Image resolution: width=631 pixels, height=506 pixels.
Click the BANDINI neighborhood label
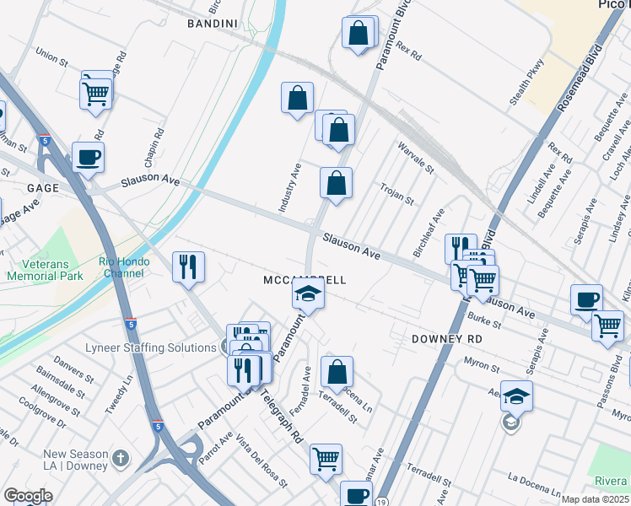210,24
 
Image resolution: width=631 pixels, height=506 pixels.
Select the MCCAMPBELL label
305,279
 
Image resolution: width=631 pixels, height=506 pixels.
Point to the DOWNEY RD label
446,339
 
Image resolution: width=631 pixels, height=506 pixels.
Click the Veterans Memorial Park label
46,269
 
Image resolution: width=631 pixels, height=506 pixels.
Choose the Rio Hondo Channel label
124,267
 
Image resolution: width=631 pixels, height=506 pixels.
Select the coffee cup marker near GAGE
88,157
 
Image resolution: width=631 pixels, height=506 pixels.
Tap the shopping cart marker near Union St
96,92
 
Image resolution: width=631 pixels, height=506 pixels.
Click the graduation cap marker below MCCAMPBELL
308,296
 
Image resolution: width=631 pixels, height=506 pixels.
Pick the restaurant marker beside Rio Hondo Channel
188,266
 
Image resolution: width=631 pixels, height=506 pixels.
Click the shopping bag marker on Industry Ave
297,99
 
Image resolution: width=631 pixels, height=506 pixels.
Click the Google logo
28,496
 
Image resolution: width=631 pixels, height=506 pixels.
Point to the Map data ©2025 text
595,499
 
